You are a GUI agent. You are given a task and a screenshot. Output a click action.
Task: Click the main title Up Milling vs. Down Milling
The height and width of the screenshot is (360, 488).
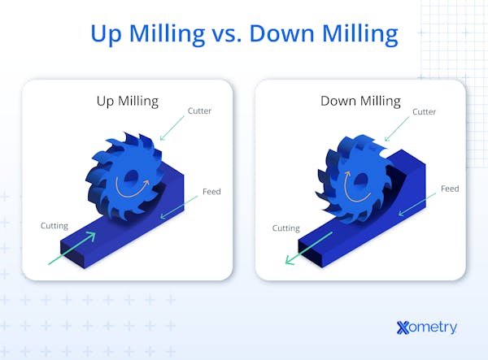[x=244, y=34]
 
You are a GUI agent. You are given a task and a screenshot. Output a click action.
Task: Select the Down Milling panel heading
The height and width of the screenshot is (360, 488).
[x=360, y=101]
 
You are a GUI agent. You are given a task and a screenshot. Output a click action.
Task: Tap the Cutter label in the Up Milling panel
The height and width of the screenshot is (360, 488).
[x=199, y=111]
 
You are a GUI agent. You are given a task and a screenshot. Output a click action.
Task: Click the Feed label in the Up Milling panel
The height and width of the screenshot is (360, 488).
[x=211, y=192]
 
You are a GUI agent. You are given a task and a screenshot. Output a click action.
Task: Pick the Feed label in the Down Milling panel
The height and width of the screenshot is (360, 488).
[x=450, y=189]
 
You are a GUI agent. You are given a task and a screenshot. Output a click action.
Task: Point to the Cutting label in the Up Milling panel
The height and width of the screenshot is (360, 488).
[x=55, y=224]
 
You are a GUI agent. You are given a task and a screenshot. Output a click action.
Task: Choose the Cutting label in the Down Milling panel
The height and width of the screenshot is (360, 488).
[x=286, y=228]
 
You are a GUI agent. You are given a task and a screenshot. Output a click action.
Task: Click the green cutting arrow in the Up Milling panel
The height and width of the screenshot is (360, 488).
[x=72, y=249]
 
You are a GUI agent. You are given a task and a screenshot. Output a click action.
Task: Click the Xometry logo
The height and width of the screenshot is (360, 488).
[x=426, y=327]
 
